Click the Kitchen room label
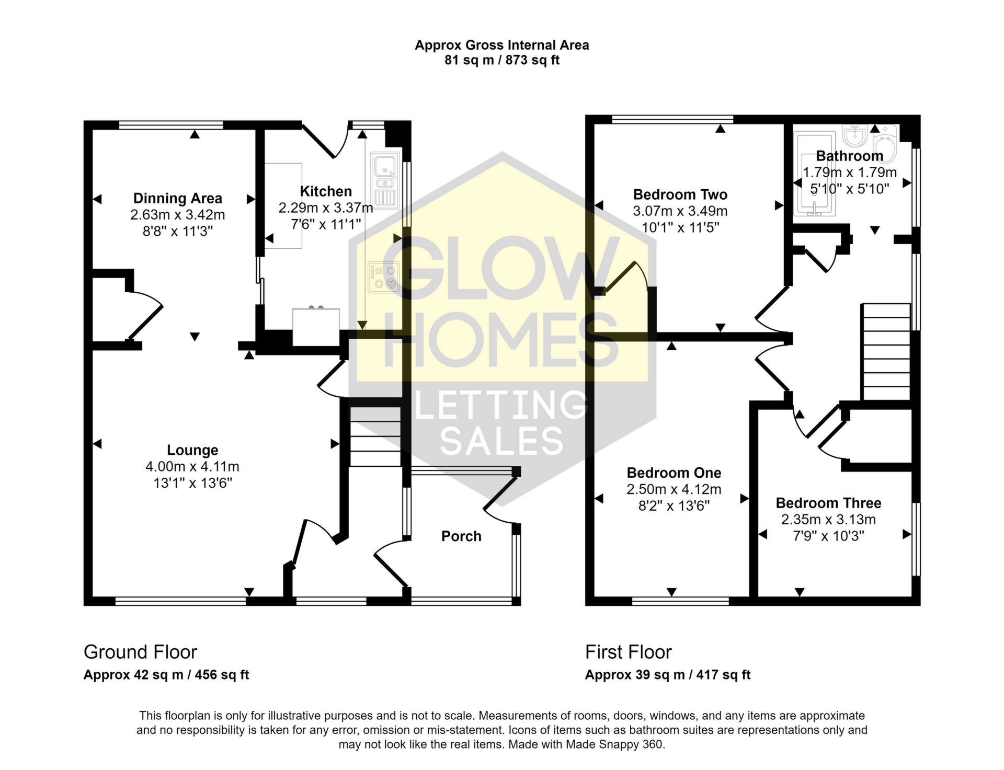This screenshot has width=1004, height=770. pos(326,191)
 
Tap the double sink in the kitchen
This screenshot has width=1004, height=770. pos(385,179)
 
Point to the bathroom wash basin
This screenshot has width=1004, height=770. pos(855,136)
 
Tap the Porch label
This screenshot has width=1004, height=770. pos(461,536)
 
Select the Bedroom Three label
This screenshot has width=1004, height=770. pos(828,503)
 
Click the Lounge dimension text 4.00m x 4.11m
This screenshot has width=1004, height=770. pos(192,466)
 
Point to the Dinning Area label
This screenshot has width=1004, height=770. pos(178,199)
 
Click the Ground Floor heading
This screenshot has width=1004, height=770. pos(140,652)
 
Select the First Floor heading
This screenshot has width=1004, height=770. pos(628,652)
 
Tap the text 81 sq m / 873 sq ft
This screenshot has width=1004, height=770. pos(502,60)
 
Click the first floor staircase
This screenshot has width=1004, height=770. pos(886,352)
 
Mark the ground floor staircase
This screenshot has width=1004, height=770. pos(374,436)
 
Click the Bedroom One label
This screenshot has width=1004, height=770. pos(674,473)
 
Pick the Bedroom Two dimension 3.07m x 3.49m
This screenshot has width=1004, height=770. pos(680,211)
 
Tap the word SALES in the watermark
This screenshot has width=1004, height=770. pos(502,441)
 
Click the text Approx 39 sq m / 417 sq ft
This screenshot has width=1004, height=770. pos(667,675)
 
